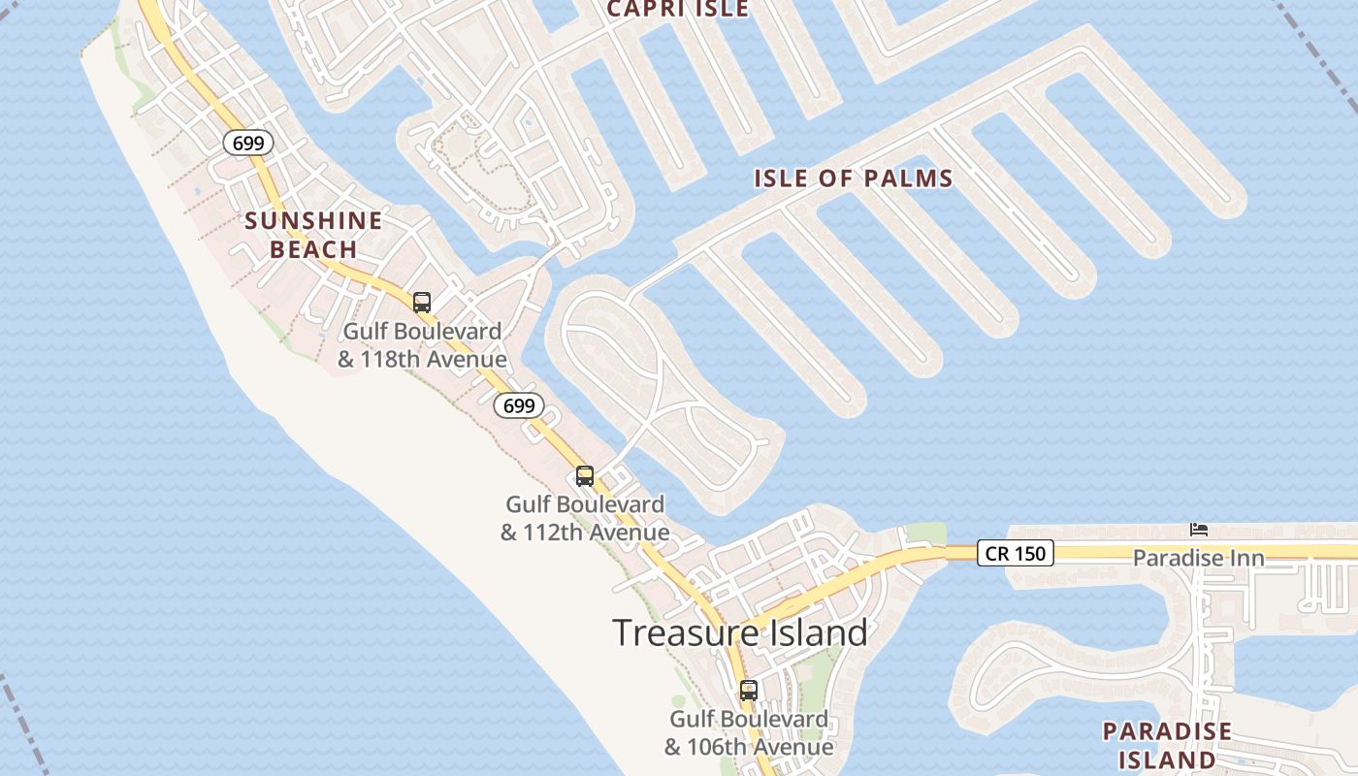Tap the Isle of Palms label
point(854,178)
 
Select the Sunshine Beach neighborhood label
point(313,235)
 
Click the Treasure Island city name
point(740,632)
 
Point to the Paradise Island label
point(1167,745)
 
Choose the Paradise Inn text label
point(1199,559)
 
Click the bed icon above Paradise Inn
point(1199,530)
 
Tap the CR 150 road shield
point(1015,553)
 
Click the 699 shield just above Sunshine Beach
point(248,144)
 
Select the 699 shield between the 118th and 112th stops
point(519,405)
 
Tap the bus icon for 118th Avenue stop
point(422,302)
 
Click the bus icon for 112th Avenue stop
point(585,475)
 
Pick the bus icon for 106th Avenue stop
point(749,691)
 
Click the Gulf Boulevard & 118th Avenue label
point(422,345)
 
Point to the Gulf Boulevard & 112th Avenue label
point(585,518)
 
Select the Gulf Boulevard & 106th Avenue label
point(749,733)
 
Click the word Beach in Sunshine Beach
point(313,250)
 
